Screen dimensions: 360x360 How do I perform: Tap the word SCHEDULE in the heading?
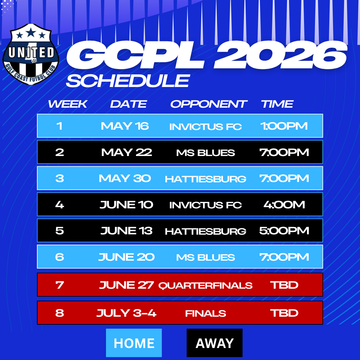128,81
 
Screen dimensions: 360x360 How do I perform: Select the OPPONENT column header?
209,104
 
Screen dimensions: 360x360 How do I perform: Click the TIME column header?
277,104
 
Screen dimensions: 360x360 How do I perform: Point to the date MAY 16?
125,126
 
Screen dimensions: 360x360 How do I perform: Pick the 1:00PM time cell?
284,126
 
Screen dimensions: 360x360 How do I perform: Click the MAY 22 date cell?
127,152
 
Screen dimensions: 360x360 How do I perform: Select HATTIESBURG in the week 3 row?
206,179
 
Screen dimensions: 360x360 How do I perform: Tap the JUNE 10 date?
126,205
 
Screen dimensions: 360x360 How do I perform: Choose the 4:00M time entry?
284,204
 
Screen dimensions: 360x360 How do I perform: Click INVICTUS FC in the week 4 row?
206,205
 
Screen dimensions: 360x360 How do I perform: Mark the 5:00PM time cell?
284,231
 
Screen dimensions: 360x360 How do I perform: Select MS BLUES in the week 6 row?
206,257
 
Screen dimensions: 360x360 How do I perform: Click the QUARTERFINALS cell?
205,285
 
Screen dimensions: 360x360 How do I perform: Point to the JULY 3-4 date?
126,313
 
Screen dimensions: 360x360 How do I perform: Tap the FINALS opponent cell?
206,313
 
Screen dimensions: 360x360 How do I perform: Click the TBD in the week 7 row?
284,285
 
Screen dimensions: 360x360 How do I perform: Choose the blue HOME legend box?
134,343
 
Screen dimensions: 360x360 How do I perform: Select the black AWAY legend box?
215,343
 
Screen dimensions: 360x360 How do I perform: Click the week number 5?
60,231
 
